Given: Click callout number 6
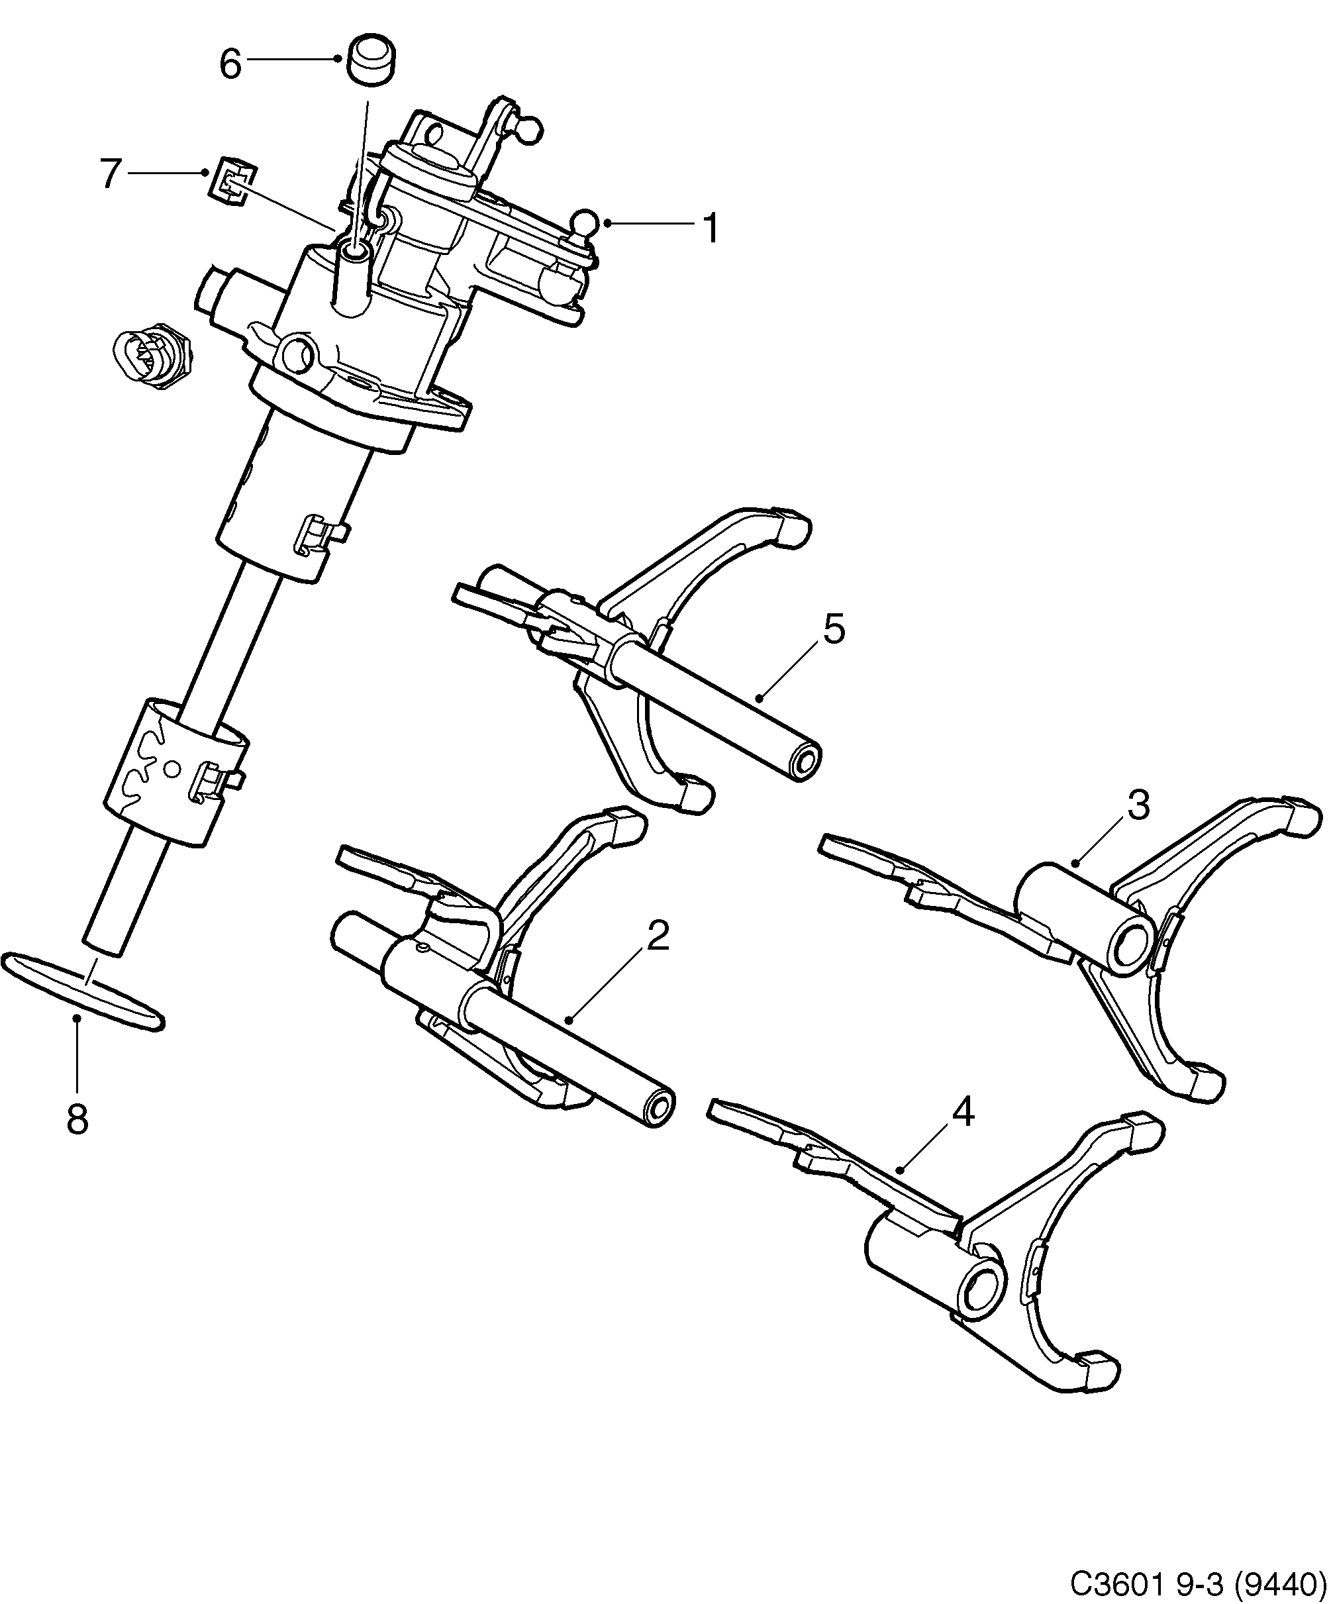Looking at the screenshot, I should tap(230, 64).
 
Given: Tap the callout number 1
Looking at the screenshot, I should tap(710, 228).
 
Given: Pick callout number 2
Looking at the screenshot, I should tap(658, 936).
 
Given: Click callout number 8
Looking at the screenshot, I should tap(77, 1120).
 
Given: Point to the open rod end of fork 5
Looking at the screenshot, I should tap(806, 763).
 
